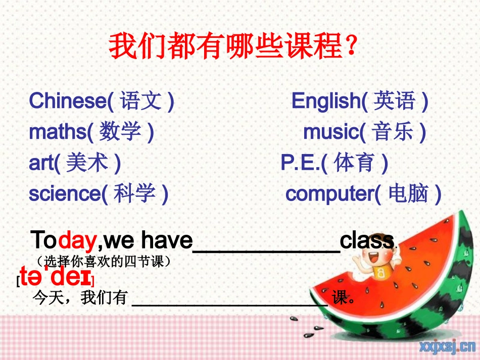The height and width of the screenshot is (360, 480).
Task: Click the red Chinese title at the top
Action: (x=234, y=46)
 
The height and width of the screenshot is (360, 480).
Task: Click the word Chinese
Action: (x=68, y=101)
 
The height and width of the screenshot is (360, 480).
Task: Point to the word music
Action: (x=330, y=132)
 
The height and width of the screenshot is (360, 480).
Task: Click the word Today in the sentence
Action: (x=63, y=240)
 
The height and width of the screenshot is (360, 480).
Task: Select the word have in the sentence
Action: (x=167, y=240)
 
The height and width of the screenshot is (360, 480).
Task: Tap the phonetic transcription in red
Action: (x=56, y=278)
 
